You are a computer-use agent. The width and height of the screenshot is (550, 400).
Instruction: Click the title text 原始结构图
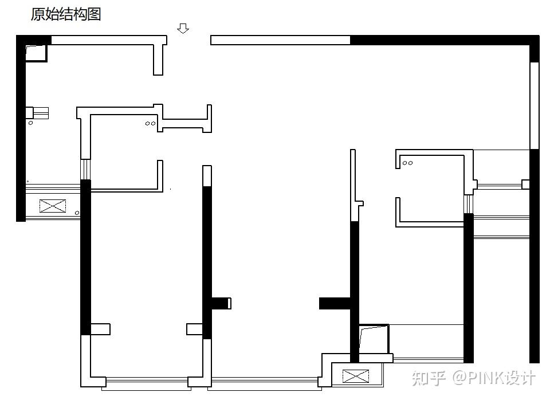click(66, 14)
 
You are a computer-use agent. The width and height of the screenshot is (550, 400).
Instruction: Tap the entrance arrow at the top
click(183, 28)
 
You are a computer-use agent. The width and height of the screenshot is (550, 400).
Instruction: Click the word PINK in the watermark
click(485, 378)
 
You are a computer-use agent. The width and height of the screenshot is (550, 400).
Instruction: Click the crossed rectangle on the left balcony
click(52, 206)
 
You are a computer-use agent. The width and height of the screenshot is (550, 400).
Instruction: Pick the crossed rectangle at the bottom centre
click(356, 377)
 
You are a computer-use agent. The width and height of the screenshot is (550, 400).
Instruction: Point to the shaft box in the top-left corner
click(36, 53)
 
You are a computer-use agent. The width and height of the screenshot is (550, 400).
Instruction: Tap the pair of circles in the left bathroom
click(150, 123)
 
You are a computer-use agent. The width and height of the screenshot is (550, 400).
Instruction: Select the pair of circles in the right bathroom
click(407, 163)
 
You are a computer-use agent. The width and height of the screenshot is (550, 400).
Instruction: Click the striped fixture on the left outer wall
click(40, 112)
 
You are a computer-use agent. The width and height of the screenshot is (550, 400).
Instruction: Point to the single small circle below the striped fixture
click(30, 123)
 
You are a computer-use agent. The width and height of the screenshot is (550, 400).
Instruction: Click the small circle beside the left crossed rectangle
click(77, 213)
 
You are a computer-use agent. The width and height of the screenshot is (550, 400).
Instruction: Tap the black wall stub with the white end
click(221, 303)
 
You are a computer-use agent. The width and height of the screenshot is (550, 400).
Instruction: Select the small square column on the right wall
click(525, 185)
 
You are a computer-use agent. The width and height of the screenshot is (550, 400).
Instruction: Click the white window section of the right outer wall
click(535, 106)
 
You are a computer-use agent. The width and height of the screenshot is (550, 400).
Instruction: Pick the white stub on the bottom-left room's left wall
click(100, 329)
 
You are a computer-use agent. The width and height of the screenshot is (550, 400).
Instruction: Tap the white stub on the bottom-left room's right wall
click(195, 329)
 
